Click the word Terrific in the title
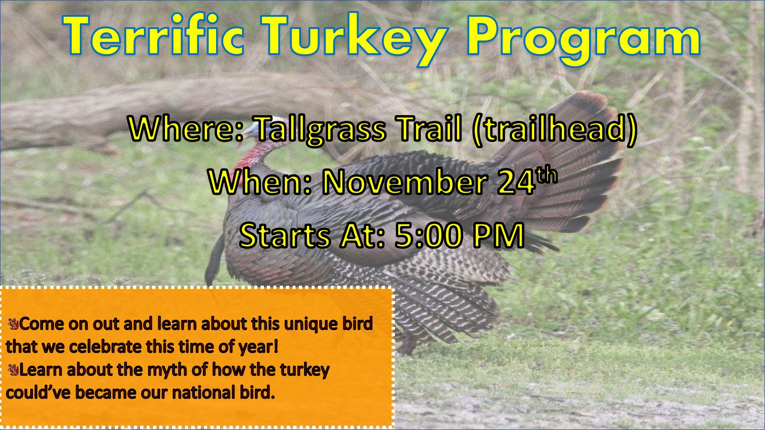(x=153, y=35)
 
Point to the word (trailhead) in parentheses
(x=555, y=129)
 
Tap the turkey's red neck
(x=256, y=155)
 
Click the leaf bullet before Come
(x=13, y=323)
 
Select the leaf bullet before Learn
(x=13, y=370)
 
